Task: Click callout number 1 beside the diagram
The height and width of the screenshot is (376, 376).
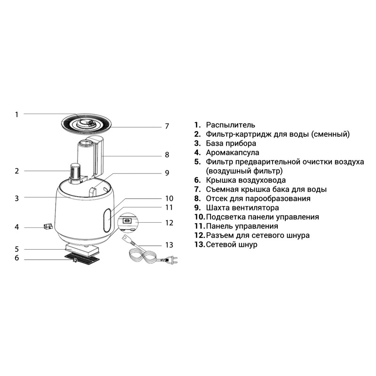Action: click(x=16, y=114)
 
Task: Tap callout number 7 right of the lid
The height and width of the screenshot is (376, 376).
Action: click(x=167, y=126)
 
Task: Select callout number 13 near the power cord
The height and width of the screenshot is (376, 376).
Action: click(x=169, y=245)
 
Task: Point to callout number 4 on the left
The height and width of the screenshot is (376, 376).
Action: click(x=16, y=227)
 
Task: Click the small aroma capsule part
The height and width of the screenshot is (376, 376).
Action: click(x=48, y=226)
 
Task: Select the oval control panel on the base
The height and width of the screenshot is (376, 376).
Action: click(x=107, y=220)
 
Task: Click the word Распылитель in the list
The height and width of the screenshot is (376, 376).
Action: click(x=230, y=125)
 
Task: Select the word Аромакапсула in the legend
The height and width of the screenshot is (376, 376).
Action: click(x=232, y=152)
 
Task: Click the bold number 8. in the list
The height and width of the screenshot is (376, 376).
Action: click(x=197, y=198)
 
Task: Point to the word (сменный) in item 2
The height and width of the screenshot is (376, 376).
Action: click(x=330, y=134)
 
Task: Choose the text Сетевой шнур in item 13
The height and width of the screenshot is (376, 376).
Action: click(x=232, y=244)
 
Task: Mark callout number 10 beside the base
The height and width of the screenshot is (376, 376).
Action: click(x=169, y=198)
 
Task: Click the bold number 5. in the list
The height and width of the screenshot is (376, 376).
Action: click(x=197, y=162)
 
